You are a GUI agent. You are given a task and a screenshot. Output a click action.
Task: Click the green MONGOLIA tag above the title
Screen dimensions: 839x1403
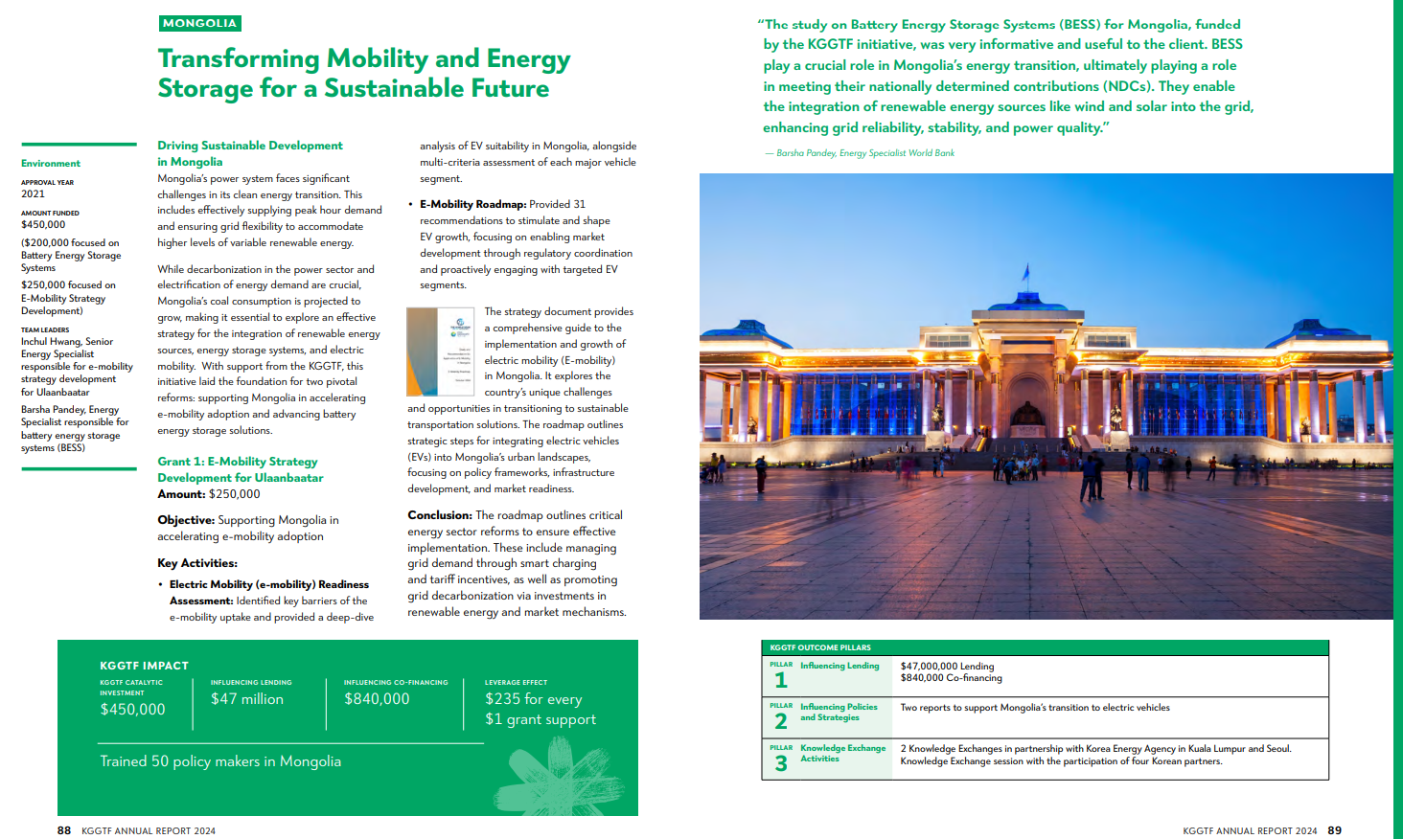tap(199, 23)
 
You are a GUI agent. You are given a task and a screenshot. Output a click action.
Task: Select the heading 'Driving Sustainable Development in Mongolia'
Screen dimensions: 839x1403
tap(249, 153)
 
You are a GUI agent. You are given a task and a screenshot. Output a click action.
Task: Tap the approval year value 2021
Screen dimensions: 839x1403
tap(33, 193)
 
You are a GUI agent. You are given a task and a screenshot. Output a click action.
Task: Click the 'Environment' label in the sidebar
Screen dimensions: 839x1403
tap(51, 164)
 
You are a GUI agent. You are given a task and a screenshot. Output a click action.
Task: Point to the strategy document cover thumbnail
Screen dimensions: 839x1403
tap(441, 351)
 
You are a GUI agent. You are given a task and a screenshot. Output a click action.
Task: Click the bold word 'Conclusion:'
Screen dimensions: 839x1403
tap(440, 515)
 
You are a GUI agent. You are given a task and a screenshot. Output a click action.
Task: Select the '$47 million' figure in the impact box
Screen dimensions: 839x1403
tap(247, 699)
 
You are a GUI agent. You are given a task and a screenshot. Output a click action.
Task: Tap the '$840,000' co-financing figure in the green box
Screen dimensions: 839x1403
tap(377, 699)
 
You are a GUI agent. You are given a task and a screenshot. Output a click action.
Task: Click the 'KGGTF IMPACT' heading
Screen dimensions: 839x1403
tap(144, 666)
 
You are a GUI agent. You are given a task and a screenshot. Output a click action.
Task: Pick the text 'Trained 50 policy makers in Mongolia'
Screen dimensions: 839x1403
tap(220, 761)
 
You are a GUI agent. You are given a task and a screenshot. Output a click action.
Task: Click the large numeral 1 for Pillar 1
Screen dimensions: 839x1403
tap(781, 680)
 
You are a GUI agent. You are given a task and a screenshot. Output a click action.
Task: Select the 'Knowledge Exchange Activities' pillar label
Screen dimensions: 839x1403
tap(842, 753)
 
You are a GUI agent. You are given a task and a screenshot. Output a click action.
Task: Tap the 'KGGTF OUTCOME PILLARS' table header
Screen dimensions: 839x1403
tap(820, 647)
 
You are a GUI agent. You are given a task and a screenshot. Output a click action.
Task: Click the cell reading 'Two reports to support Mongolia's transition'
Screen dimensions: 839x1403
tap(1035, 708)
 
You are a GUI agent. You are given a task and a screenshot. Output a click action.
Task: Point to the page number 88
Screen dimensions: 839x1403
tap(64, 830)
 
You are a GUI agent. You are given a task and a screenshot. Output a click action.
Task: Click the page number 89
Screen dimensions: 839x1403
tap(1335, 830)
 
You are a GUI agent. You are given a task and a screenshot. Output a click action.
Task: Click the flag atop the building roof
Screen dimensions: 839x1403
tap(1026, 274)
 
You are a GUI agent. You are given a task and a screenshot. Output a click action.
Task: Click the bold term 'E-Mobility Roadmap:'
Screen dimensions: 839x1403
tap(472, 204)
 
